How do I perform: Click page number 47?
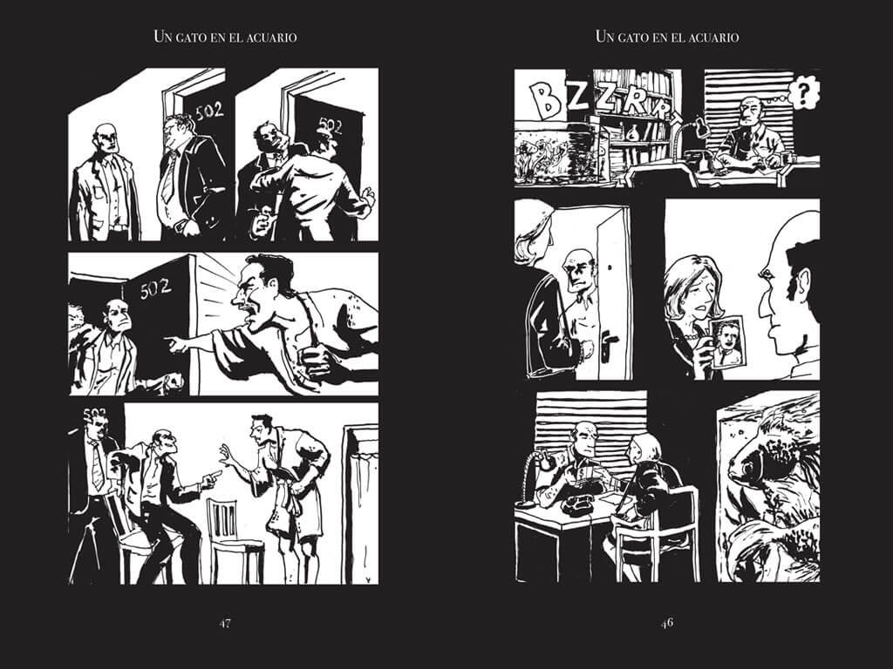pos(224,623)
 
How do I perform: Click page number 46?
pos(667,623)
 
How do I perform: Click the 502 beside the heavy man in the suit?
pos(208,111)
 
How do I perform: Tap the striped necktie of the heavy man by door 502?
pos(168,174)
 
